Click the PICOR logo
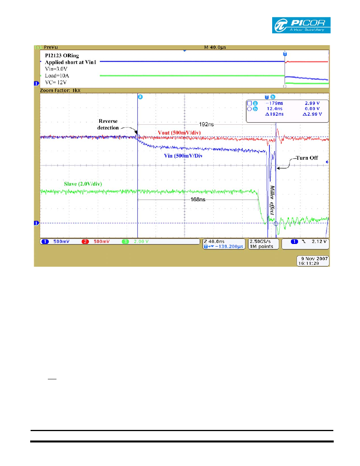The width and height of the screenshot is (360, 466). click(301, 25)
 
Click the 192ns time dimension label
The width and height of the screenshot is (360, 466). click(206, 124)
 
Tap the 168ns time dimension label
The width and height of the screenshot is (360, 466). click(198, 199)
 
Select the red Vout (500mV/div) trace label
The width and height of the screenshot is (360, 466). click(179, 133)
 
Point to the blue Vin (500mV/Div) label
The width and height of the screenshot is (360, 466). click(183, 156)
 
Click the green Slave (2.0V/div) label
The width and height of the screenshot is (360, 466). click(83, 184)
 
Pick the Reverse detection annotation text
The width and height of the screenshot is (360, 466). click(108, 124)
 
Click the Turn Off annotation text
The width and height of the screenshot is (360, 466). click(307, 158)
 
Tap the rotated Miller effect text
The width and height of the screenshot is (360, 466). click(272, 200)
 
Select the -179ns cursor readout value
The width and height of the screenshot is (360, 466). click(274, 103)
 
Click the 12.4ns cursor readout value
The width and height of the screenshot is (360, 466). click(275, 109)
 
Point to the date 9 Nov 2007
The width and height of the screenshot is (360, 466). click(315, 258)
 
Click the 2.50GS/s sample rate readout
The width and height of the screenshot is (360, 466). click(260, 242)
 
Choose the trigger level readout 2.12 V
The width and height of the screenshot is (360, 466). click(319, 242)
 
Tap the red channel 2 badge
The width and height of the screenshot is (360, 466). click(85, 242)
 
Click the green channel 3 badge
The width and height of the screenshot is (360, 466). click(125, 242)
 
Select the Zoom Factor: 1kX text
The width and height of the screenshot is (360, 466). click(60, 90)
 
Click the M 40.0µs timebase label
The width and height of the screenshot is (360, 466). click(215, 47)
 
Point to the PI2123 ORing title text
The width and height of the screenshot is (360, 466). click(62, 56)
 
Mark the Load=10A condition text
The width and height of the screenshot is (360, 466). click(57, 76)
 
